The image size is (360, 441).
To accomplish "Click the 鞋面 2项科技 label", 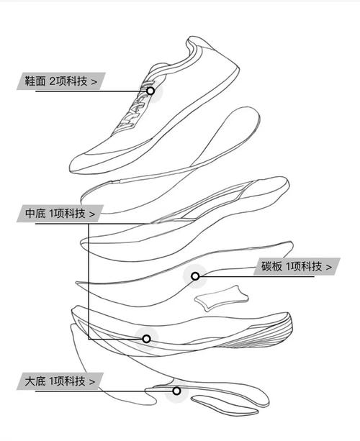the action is [60, 81].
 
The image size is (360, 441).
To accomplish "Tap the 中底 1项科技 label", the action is [60, 214].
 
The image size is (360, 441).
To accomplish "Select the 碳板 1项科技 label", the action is [297, 266].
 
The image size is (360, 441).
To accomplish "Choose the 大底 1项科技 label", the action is [60, 381].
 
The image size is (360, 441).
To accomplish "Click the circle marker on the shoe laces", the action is [150, 91].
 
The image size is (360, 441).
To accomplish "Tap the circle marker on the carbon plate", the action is [195, 276].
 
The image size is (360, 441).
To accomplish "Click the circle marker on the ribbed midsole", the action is [146, 339].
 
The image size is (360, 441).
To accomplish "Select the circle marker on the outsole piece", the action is [176, 391].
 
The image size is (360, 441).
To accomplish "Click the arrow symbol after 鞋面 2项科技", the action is [94, 82].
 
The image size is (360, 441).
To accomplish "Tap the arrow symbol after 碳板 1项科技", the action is [329, 267].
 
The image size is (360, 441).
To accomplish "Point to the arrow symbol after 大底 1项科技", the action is [92, 382].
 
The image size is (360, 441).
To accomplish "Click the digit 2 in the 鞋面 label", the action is [53, 81].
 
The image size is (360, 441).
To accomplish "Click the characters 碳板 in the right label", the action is [271, 266].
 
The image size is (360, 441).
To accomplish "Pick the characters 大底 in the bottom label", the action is [35, 381].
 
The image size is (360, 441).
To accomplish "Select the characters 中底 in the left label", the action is [35, 214].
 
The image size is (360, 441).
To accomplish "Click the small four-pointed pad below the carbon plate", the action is [222, 298].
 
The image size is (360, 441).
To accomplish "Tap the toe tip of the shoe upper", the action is [71, 168].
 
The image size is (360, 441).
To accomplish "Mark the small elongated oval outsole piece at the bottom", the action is [225, 406].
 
